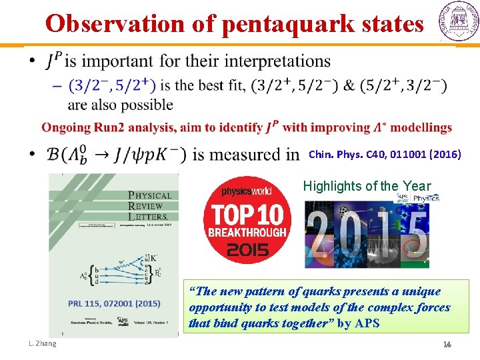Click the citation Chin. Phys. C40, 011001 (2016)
(385, 154)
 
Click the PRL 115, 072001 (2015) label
(113, 303)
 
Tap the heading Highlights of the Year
(367, 187)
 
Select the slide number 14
(448, 344)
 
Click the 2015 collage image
(367, 233)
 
